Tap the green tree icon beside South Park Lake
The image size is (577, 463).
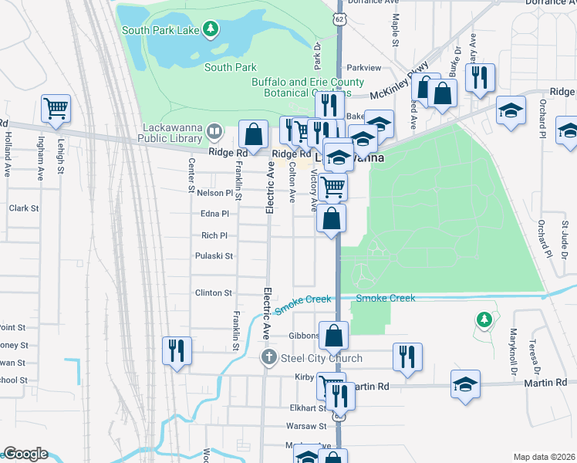pyautogui.click(x=211, y=30)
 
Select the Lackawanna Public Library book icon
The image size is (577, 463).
pyautogui.click(x=214, y=133)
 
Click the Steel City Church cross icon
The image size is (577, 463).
pyautogui.click(x=268, y=357)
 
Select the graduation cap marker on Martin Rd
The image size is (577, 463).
pyautogui.click(x=466, y=384)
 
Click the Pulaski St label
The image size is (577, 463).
pyautogui.click(x=214, y=255)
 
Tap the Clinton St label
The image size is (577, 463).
pyautogui.click(x=214, y=293)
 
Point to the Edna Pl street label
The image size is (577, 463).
pyautogui.click(x=214, y=213)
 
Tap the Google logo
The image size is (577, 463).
pyautogui.click(x=25, y=454)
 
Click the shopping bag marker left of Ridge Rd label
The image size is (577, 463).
pyautogui.click(x=253, y=134)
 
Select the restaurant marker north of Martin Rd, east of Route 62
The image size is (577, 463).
pyautogui.click(x=407, y=356)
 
